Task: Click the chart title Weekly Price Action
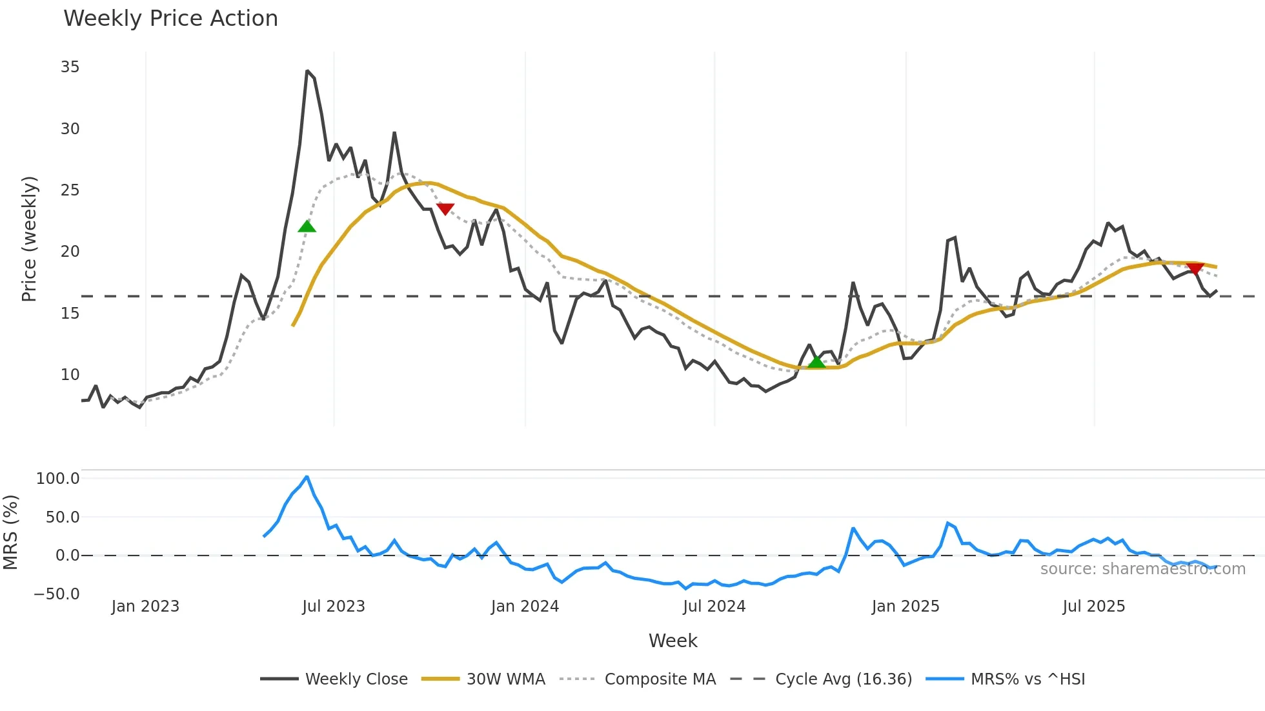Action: pos(170,19)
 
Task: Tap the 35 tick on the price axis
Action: pos(70,67)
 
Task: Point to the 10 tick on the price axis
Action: pos(70,375)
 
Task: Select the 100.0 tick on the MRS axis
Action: pos(58,479)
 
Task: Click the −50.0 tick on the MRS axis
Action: pos(57,594)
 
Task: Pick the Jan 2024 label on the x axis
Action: pos(525,606)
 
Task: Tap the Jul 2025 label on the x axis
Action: pos(1094,606)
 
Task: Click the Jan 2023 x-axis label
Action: pos(145,606)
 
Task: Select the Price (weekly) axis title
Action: pos(30,239)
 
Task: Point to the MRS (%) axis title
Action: pos(10,532)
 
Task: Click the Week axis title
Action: pos(673,641)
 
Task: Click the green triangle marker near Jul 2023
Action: pos(307,226)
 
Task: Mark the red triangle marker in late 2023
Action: pos(445,208)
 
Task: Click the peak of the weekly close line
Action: pos(307,71)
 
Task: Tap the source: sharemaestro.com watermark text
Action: pos(1142,569)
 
